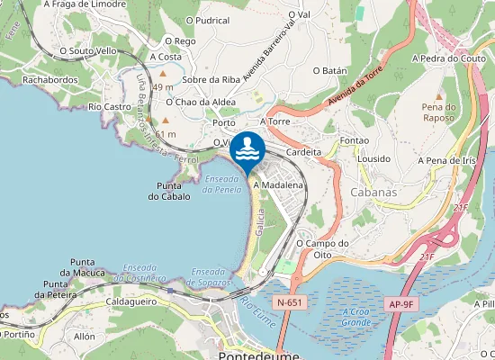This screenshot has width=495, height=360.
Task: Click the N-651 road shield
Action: (289, 303)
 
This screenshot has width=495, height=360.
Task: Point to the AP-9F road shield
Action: (400, 303)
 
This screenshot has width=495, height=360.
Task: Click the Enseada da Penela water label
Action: (222, 184)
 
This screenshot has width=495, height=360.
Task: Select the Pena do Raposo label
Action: (438, 112)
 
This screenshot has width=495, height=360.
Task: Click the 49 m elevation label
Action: (162, 87)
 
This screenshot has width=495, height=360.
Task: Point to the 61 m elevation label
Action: (166, 134)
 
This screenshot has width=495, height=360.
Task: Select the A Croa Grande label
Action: (356, 316)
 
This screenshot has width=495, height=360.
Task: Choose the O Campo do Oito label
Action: (322, 248)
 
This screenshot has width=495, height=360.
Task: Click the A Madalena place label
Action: (279, 184)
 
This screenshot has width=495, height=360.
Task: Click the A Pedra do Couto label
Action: (448, 58)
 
